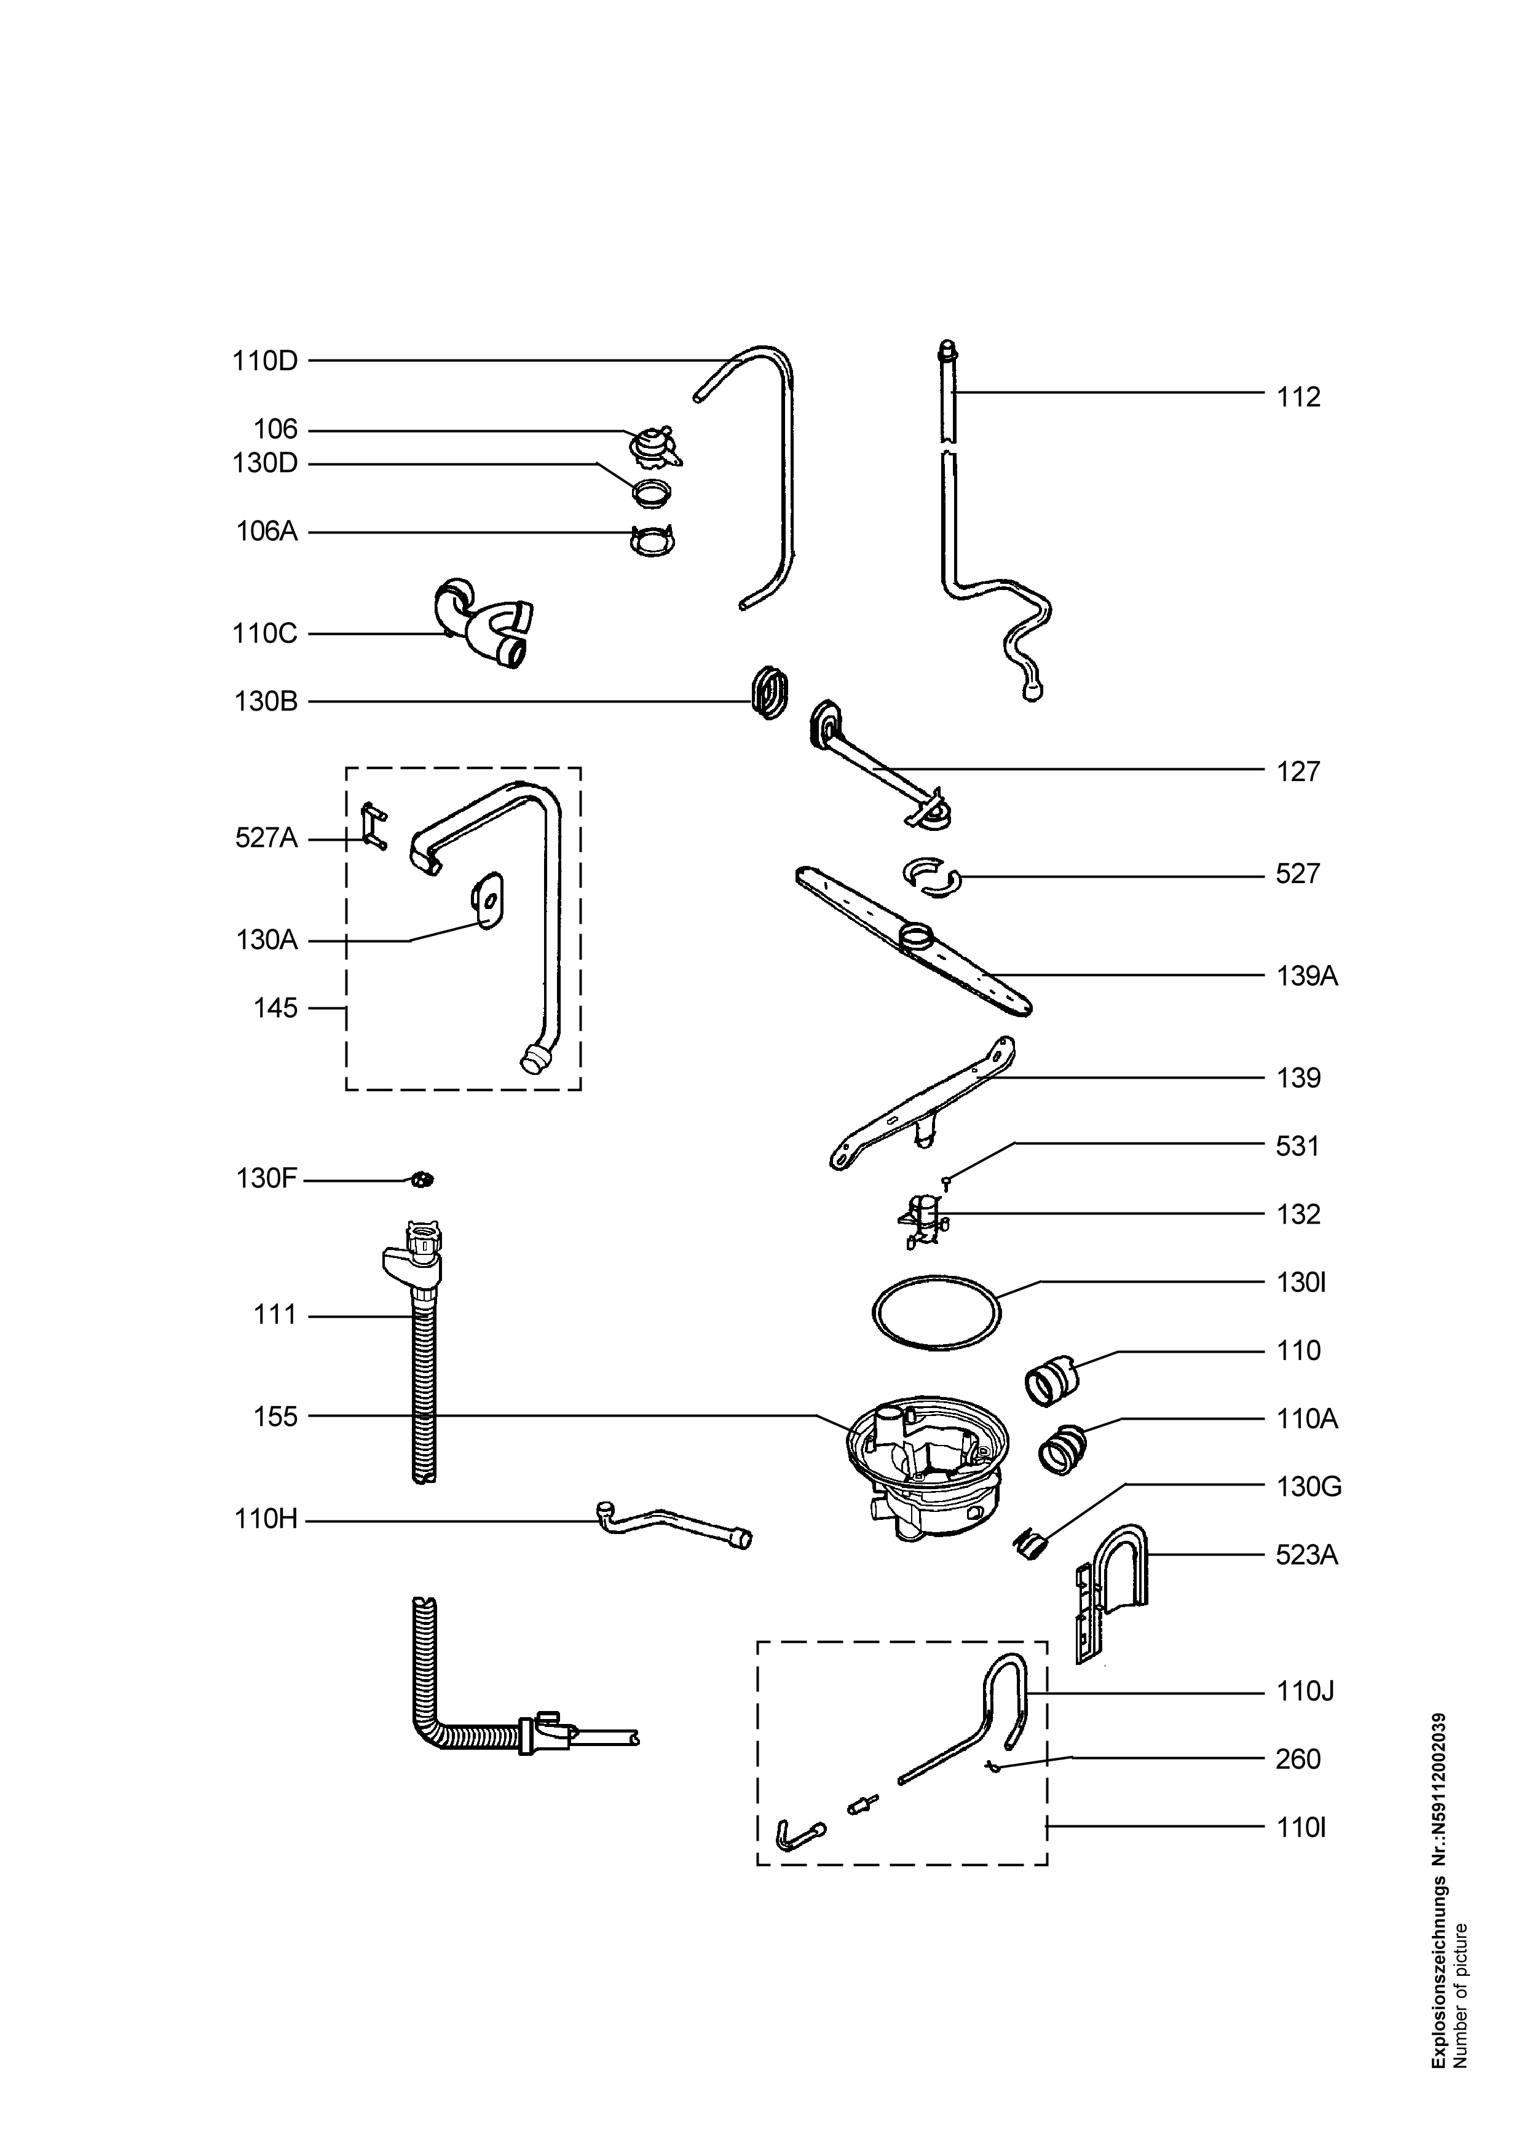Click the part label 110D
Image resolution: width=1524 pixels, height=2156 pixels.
pyautogui.click(x=265, y=361)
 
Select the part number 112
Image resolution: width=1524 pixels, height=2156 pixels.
pyautogui.click(x=1298, y=397)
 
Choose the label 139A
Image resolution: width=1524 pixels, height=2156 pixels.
pyautogui.click(x=1307, y=977)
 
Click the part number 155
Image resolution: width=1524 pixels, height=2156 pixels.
pyautogui.click(x=275, y=1417)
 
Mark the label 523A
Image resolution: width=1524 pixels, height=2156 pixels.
pyautogui.click(x=1307, y=1556)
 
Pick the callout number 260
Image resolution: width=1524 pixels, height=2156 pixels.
pyautogui.click(x=1298, y=1760)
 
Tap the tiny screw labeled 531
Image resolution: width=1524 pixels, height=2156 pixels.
pyautogui.click(x=949, y=1185)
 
